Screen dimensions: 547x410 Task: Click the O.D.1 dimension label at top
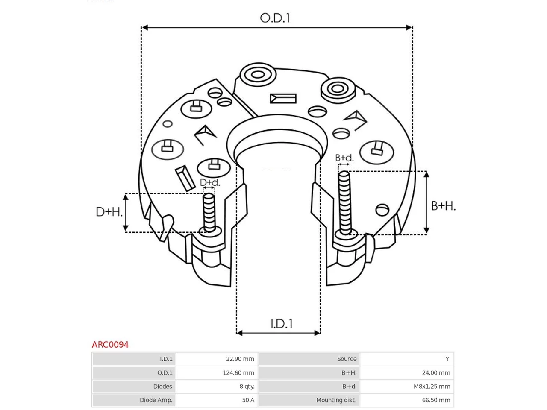(x=275, y=18)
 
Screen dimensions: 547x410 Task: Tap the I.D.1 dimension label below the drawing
(x=281, y=324)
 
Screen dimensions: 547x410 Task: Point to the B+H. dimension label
(x=443, y=206)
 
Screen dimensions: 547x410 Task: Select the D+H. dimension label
(x=109, y=212)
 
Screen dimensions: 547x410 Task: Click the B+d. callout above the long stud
(x=344, y=158)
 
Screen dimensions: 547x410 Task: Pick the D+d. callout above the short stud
(x=210, y=182)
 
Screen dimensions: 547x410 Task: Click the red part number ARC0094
(x=110, y=345)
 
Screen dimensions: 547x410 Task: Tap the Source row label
(x=347, y=359)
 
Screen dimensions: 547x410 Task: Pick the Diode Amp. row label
(x=156, y=400)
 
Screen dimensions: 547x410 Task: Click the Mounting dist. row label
(x=336, y=400)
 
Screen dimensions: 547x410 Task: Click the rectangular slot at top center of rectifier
(x=283, y=99)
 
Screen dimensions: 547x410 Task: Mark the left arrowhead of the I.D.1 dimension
(x=239, y=333)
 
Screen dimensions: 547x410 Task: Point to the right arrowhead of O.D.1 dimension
(x=409, y=27)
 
